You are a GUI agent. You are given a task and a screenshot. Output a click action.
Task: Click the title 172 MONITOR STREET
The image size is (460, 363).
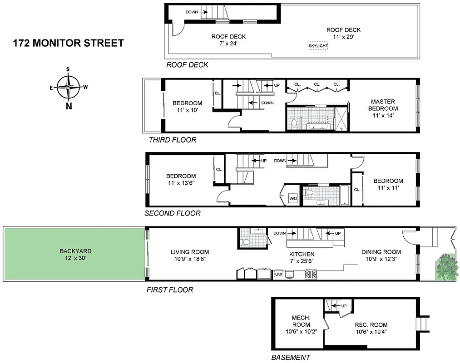(x=68, y=44)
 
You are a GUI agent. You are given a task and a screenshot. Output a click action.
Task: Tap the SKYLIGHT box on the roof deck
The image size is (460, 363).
(x=318, y=46)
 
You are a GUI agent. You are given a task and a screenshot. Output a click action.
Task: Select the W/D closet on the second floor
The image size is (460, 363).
(x=293, y=199)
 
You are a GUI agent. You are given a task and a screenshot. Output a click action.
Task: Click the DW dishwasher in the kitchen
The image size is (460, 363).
(x=278, y=274)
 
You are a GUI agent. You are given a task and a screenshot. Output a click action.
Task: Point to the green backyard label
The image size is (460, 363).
(x=75, y=254)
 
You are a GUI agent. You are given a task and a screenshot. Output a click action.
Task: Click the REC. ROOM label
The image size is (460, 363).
(x=371, y=324)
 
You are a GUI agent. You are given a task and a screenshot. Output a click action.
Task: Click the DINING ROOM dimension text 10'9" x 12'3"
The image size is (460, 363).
(x=381, y=260)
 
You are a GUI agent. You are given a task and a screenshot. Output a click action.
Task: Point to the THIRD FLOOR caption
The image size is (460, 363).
(x=173, y=140)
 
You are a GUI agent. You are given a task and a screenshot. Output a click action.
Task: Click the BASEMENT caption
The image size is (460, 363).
(x=291, y=358)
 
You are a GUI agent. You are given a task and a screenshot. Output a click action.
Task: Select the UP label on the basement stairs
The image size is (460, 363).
(x=343, y=306)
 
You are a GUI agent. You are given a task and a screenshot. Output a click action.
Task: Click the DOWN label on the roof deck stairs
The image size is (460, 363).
(x=192, y=12)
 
